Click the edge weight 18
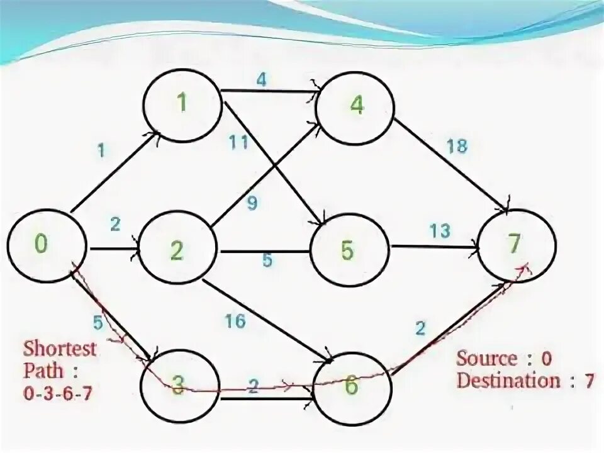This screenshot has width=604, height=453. tap(457, 146)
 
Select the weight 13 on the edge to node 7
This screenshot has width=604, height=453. tap(439, 231)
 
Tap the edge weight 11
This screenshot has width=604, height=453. tap(239, 143)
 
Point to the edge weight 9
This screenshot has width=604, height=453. tap(252, 204)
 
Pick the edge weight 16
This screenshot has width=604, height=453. tap(235, 322)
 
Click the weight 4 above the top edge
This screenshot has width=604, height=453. tap(262, 80)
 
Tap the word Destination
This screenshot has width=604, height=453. tap(508, 381)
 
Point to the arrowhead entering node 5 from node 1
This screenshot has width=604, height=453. tap(320, 222)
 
